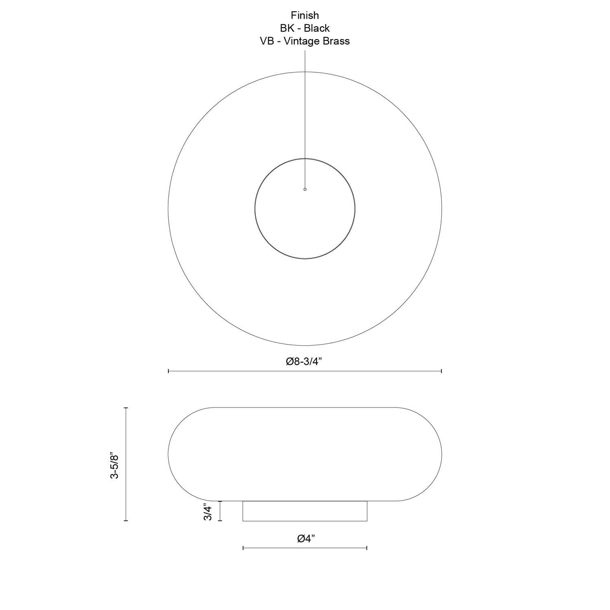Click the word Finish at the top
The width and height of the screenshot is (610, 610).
point(305,15)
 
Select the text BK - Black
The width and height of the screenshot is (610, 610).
point(305,28)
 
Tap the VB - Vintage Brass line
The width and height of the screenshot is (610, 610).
point(305,41)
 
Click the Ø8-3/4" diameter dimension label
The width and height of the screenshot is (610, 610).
point(304,362)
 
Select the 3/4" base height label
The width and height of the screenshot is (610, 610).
point(208,512)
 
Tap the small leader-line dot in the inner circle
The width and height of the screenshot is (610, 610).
point(305,189)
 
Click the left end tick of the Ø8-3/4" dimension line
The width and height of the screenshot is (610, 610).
point(168,371)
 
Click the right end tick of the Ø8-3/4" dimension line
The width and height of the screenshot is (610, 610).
point(442,371)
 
